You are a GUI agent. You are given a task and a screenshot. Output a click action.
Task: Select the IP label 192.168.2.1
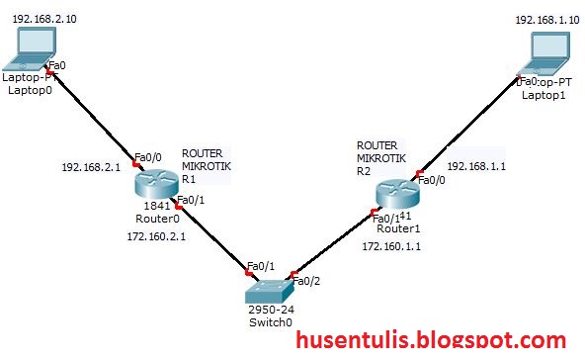91,167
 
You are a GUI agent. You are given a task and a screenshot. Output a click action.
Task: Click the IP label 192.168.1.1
476,167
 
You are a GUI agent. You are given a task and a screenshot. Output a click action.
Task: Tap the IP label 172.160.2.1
156,237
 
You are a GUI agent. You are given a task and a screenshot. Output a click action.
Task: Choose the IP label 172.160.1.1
391,245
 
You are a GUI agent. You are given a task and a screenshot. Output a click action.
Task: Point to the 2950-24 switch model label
270,310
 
